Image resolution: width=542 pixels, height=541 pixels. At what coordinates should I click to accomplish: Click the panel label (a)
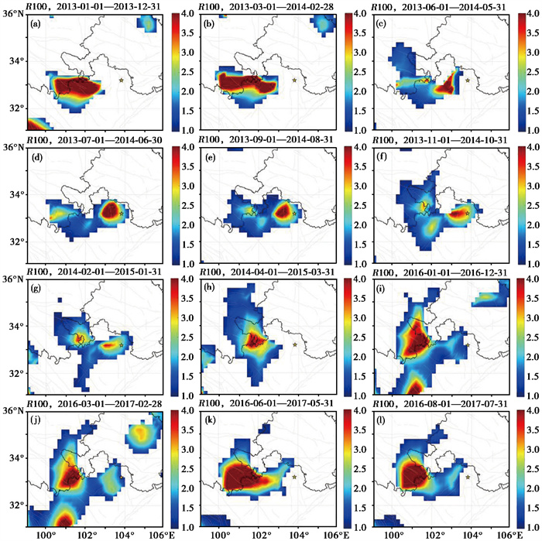36,24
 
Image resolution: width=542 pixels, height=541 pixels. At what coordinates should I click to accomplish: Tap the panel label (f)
381,158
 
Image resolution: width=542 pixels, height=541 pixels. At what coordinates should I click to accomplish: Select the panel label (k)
208,422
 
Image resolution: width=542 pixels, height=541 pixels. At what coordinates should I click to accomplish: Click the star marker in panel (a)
121,80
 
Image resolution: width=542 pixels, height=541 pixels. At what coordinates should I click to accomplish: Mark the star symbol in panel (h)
295,344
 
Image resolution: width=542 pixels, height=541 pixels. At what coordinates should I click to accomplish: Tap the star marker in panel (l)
468,477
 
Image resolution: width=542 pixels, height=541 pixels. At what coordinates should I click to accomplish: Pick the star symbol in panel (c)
468,80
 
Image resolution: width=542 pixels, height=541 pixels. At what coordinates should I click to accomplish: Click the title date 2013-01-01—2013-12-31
109,6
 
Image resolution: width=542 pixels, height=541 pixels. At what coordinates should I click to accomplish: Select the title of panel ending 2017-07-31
440,403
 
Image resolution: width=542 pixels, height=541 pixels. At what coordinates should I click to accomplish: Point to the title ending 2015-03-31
267,272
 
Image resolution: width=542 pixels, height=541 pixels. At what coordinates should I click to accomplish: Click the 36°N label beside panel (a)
13,15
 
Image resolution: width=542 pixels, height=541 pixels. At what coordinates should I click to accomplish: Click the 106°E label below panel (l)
509,535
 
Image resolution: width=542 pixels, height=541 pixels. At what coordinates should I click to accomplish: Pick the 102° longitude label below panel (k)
259,535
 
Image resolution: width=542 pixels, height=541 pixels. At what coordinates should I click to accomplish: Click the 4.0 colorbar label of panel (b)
359,14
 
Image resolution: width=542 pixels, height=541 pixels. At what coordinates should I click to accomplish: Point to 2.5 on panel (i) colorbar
533,337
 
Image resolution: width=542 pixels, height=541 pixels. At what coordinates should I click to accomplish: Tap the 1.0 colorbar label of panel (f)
533,264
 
